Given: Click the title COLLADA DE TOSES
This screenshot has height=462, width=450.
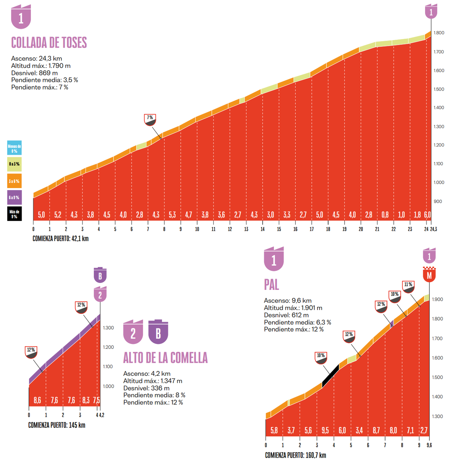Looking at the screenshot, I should point(49,43).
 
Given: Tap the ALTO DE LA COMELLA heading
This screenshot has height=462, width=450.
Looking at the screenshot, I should point(165,358).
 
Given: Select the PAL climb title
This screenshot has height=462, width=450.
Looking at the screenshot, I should point(271,285).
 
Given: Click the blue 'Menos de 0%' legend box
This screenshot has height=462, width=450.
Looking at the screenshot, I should point(14,148).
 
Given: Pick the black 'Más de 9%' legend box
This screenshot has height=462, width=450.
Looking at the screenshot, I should point(14,214).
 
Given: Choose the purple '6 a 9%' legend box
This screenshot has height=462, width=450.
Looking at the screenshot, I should point(14,197).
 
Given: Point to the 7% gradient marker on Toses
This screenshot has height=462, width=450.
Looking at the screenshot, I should point(150,119).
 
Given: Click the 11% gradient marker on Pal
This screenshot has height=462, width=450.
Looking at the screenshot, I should point(409,287).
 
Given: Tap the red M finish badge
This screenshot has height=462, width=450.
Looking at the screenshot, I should point(429,275).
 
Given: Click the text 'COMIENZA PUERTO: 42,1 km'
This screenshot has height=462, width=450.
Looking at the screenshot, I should point(61,239).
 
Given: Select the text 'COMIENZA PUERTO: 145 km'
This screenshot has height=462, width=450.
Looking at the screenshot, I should point(57,425).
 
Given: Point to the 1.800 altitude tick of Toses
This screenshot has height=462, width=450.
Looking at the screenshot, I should point(439,33).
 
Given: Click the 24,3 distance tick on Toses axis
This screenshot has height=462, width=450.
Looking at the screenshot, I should point(433,229).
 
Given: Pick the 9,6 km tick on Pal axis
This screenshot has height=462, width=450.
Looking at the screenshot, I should point(429,445).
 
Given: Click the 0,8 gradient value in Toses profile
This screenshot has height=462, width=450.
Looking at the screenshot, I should point(385,215).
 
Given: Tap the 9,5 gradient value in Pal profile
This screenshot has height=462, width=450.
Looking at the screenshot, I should point(325,430).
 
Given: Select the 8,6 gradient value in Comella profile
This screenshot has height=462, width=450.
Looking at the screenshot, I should point(37,400).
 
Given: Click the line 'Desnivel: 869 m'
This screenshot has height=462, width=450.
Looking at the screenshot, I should point(34,73).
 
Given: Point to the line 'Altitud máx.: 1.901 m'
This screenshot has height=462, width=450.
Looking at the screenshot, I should point(293,308).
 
